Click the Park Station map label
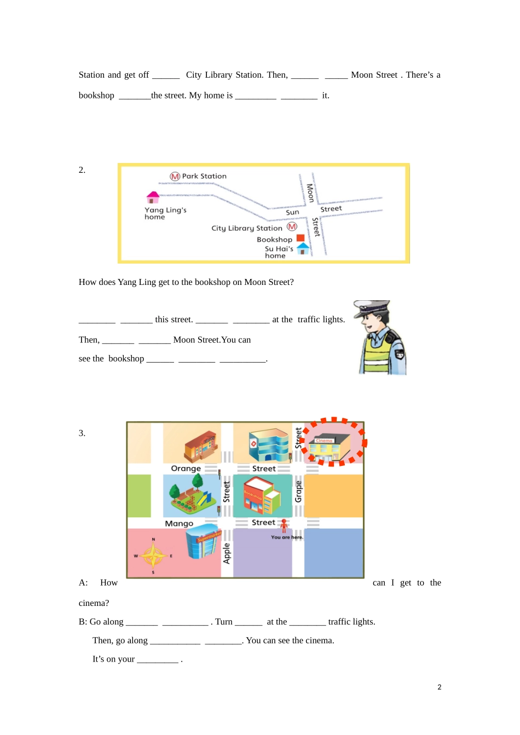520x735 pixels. [x=204, y=176]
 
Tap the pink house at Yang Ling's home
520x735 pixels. [x=153, y=197]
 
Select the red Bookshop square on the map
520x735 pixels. [x=300, y=238]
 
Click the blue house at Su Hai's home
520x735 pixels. [x=303, y=248]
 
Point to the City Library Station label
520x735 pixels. [x=247, y=228]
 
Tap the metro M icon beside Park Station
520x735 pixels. [x=175, y=176]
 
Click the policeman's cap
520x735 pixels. [x=372, y=306]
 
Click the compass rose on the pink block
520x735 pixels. [x=153, y=556]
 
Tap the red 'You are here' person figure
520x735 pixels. [x=284, y=526]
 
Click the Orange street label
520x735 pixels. [x=186, y=469]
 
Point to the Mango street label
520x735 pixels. [x=179, y=523]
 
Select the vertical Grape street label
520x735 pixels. [x=298, y=491]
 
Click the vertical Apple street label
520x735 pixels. [x=227, y=553]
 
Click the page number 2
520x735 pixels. [x=439, y=687]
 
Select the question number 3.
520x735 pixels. [x=82, y=433]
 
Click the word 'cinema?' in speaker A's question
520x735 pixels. [x=94, y=603]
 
